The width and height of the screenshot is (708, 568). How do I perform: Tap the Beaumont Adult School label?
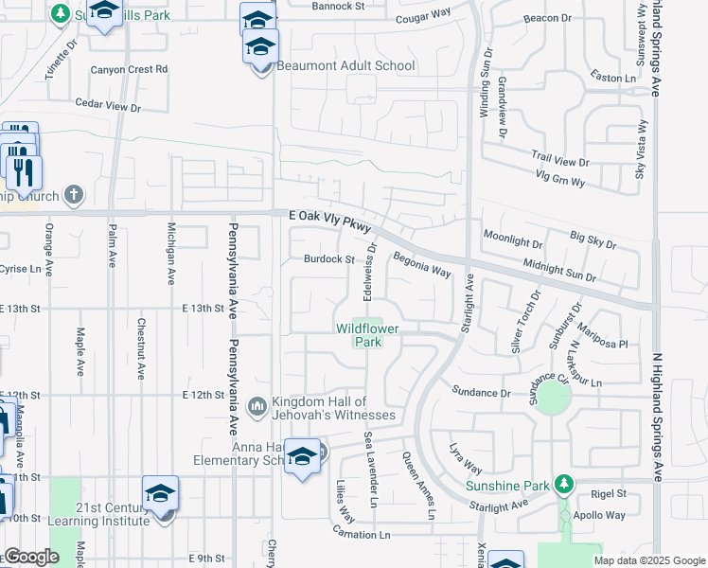click(x=345, y=66)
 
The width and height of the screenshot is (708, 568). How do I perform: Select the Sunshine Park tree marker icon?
click(x=564, y=485)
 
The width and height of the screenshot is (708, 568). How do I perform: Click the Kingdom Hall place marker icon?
click(x=258, y=406)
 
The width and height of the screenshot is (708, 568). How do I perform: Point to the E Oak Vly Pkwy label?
click(x=331, y=218)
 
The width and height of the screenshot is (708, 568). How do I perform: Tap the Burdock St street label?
click(x=328, y=258)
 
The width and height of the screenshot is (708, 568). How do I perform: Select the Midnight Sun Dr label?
click(x=559, y=272)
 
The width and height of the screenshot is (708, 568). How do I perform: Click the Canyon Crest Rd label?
click(x=129, y=69)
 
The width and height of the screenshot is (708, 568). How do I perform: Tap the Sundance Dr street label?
click(x=481, y=392)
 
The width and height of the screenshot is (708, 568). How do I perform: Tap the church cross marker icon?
click(x=73, y=196)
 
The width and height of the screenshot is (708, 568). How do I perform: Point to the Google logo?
click(x=31, y=558)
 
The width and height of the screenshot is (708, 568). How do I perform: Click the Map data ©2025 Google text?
click(x=648, y=560)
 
